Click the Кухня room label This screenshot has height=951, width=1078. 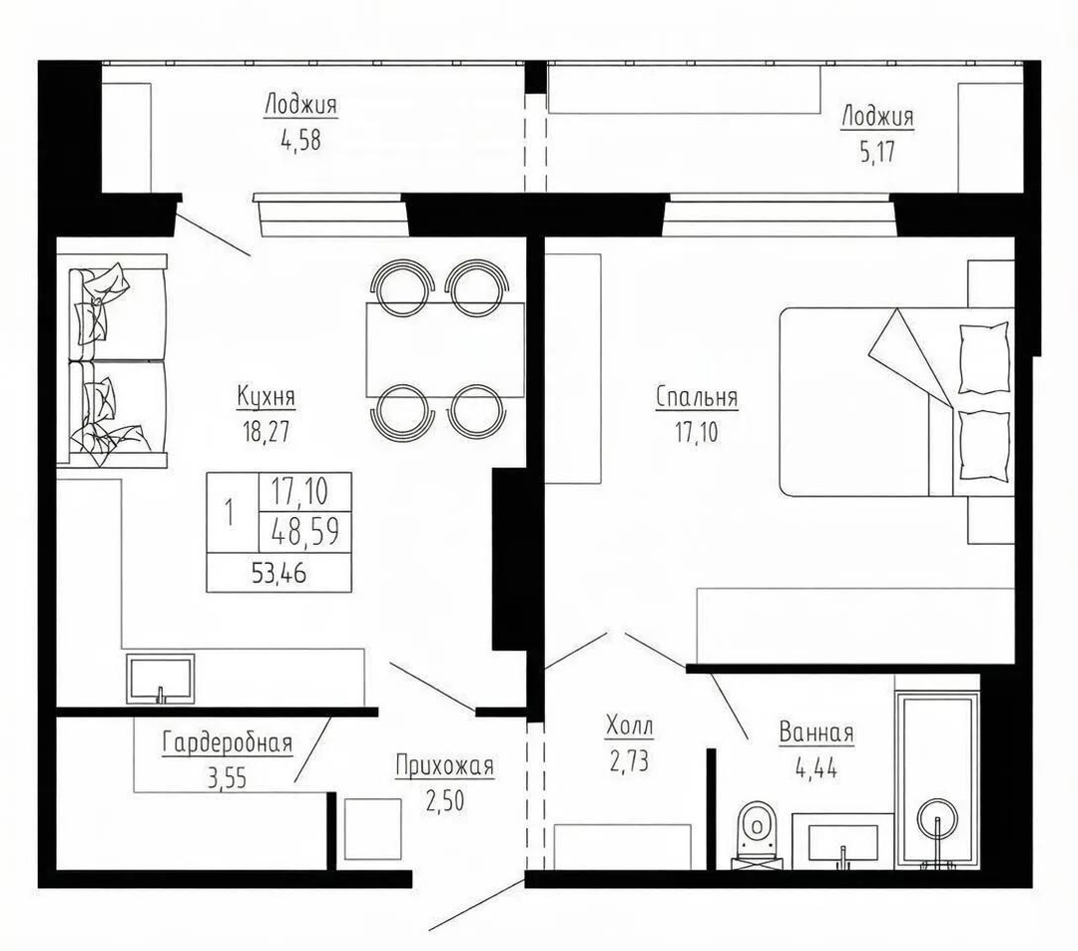267,396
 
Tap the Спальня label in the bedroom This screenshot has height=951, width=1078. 697,397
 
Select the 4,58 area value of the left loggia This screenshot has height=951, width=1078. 300,140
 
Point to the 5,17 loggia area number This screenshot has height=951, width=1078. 878,152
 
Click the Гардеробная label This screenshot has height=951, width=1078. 228,742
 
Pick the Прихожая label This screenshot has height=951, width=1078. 445,765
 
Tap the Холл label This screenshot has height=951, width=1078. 630,725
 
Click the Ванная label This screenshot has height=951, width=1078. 816,732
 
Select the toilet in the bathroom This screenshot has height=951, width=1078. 758,834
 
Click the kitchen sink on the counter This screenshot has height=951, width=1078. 160,679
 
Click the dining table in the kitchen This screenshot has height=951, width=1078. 445,349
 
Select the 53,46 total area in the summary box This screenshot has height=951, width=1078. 278,573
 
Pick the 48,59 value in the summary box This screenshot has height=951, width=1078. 305,531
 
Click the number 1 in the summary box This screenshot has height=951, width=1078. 230,513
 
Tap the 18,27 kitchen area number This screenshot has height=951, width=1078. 266,431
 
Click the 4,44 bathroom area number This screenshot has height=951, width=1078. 816,767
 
